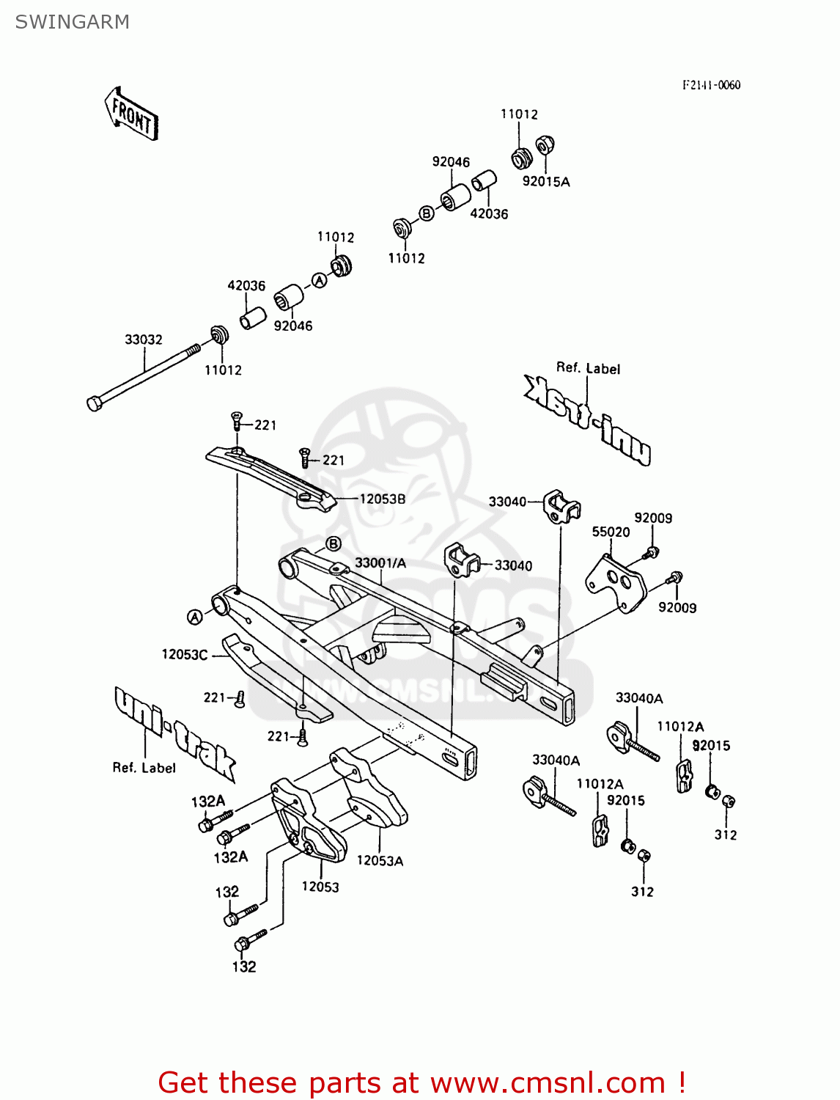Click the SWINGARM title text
(x=72, y=22)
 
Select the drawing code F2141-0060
(x=711, y=85)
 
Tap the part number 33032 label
(x=143, y=340)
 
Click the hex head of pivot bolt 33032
(x=94, y=403)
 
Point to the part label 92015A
(x=545, y=182)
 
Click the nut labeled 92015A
(x=544, y=145)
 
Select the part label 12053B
(x=382, y=499)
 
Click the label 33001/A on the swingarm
(x=380, y=563)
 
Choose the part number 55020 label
(x=611, y=532)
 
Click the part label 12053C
(x=185, y=654)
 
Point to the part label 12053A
(x=380, y=861)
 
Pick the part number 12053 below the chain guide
(x=320, y=887)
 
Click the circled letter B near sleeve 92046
(x=427, y=213)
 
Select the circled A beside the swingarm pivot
(x=195, y=617)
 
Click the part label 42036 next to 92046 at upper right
(x=489, y=213)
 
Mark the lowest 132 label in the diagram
(x=244, y=967)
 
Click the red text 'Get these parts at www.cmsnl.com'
(x=421, y=1082)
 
